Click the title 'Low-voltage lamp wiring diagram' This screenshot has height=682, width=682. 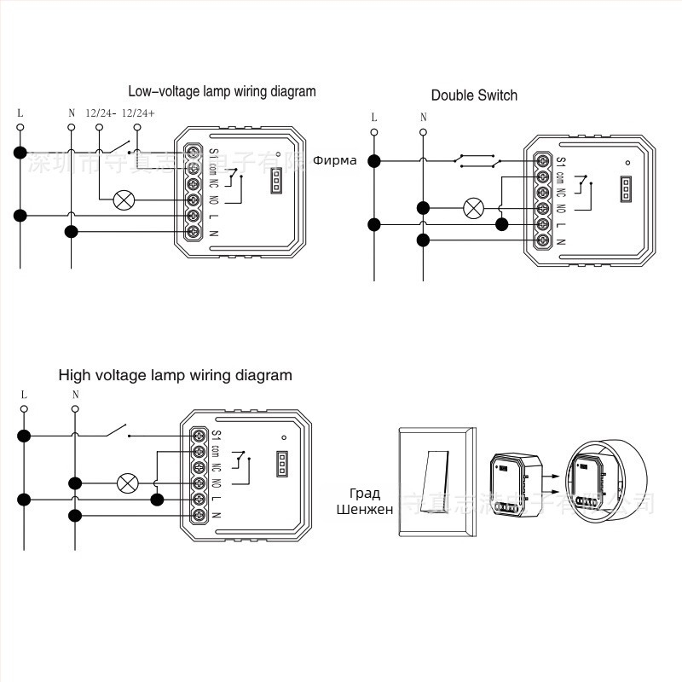pos(222,91)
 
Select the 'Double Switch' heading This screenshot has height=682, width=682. pos(474,95)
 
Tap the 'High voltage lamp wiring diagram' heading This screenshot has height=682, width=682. pos(175,375)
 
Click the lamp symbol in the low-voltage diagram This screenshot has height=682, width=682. pos(124,200)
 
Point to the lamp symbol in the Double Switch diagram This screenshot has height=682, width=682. pos(472,207)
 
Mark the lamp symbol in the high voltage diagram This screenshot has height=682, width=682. pos(128,483)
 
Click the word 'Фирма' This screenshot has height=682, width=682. pos(335,160)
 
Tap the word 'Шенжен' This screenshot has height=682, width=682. pos(365,510)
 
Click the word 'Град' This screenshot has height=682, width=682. pos(365,493)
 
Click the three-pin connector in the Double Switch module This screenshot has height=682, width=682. pos(627,188)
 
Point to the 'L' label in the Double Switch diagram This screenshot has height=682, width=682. pos(373,118)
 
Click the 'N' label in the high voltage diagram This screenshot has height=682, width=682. pos(75,395)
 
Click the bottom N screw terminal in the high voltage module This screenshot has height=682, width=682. pos(198,515)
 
